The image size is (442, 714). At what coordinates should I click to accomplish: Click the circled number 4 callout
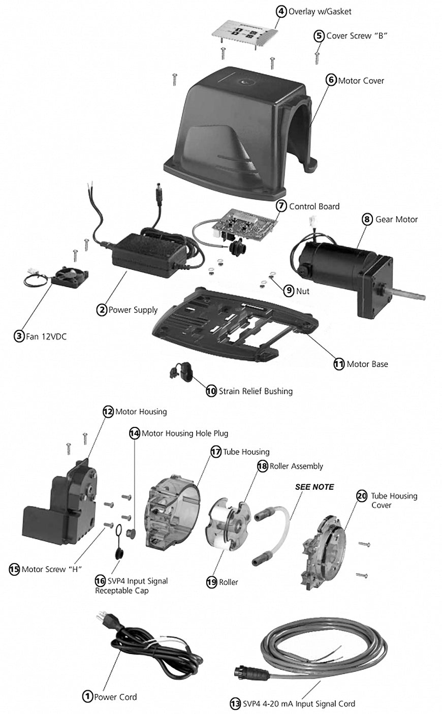pyautogui.click(x=281, y=11)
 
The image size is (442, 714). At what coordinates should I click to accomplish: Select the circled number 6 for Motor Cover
pyautogui.click(x=331, y=80)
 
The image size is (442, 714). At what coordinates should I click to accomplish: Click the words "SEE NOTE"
pyautogui.click(x=314, y=487)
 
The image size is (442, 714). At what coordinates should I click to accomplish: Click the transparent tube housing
pyautogui.click(x=171, y=514)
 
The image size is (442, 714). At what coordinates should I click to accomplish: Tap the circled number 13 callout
pyautogui.click(x=235, y=703)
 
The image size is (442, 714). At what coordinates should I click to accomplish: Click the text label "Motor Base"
pyautogui.click(x=367, y=364)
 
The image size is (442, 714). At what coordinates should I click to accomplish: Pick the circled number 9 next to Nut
pyautogui.click(x=289, y=291)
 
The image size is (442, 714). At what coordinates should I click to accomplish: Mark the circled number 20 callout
pyautogui.click(x=362, y=496)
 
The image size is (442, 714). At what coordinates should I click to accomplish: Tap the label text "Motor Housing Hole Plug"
pyautogui.click(x=184, y=433)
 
